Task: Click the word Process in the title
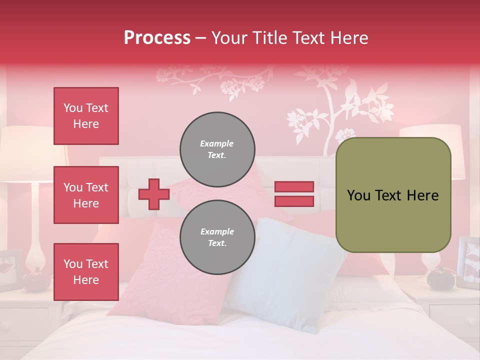tap(157, 38)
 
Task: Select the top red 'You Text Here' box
tap(86, 116)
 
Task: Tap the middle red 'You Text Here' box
tap(86, 195)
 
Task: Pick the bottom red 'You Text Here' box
tap(86, 271)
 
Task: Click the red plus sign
tap(153, 194)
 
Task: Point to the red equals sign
tap(294, 194)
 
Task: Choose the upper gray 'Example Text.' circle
tap(217, 149)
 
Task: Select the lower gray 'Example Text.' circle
tap(217, 237)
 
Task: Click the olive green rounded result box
tap(393, 195)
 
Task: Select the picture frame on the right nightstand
tap(468, 262)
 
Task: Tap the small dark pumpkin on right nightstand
tap(439, 277)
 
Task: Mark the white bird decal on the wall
tap(377, 97)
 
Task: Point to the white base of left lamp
tap(36, 235)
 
